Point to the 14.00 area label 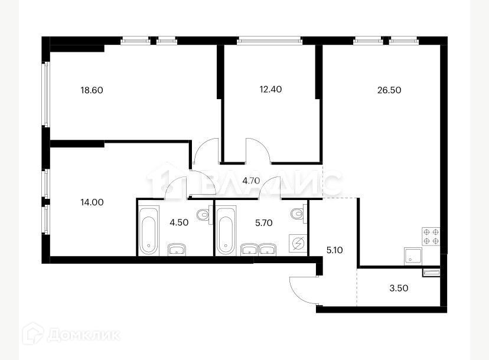92,202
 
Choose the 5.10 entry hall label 334,250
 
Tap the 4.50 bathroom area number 179,223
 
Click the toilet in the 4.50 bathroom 204,215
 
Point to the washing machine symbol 298,243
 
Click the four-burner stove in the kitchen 430,236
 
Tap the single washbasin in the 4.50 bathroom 175,249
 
